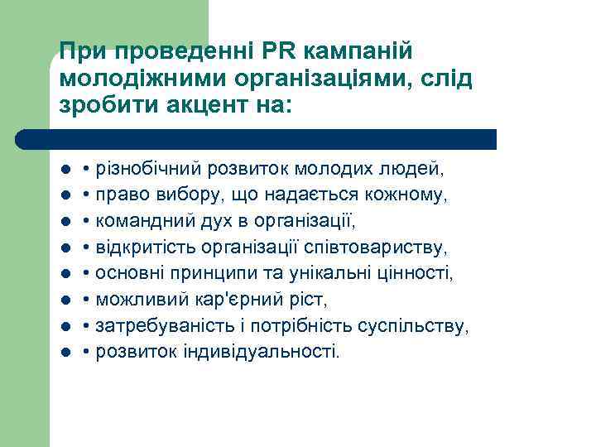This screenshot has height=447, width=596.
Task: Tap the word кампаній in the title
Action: click(357, 51)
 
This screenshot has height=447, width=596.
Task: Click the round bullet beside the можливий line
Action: click(65, 300)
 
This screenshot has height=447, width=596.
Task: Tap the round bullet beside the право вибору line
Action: click(65, 196)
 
